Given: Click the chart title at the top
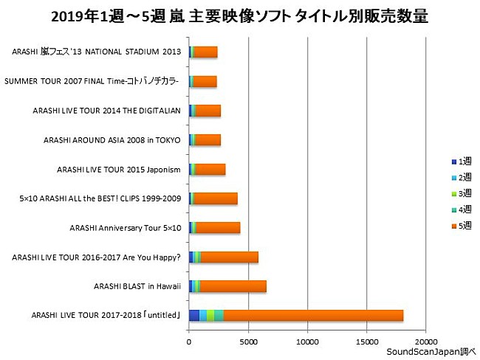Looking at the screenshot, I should click(240, 16).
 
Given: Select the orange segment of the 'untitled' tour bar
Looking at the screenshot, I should click(313, 315).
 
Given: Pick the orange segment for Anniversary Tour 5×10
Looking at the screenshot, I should click(218, 227).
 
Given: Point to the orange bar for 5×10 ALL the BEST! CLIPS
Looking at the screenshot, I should click(216, 198).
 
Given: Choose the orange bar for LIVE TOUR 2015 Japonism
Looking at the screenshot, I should click(210, 169).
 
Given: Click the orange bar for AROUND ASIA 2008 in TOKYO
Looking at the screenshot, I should click(208, 139).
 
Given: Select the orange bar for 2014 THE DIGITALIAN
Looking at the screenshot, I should click(208, 110).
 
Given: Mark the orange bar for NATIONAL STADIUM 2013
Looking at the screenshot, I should click(206, 52).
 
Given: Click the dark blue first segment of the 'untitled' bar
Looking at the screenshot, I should click(194, 315).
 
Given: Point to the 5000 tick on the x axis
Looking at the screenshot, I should click(249, 342).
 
